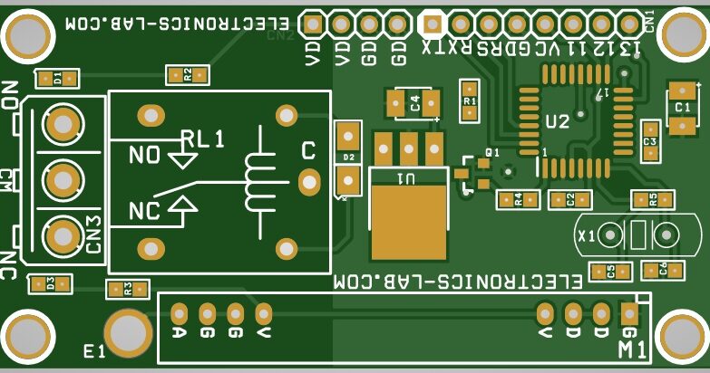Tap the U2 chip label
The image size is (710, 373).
pos(557,121)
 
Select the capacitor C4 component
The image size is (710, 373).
pos(413,103)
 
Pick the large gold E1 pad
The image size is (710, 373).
pos(128,332)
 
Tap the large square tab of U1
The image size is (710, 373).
pos(409,214)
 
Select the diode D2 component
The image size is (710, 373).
pos(347,159)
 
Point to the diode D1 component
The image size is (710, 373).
pos(57,78)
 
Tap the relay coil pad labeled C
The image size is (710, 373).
pos(309,181)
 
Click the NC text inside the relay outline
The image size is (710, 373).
pos(145,212)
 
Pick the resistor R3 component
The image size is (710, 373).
pos(128,290)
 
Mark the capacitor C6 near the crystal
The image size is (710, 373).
pos(663,269)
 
